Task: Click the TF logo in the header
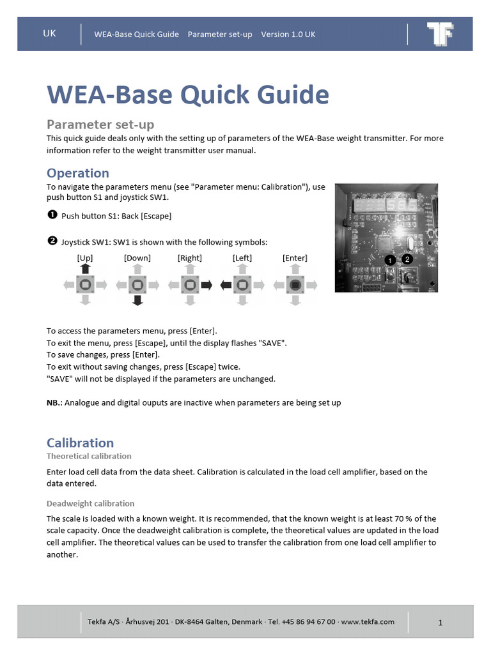[x=440, y=34]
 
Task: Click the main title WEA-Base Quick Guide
[x=188, y=95]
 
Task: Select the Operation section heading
[x=78, y=173]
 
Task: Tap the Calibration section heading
[x=80, y=443]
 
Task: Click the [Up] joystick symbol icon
[x=85, y=284]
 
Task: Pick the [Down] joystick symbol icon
[x=137, y=285]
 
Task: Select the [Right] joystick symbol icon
[x=190, y=285]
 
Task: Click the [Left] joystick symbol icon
[x=242, y=285]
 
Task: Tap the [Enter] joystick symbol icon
[x=295, y=285]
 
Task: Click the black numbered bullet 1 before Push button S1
[x=52, y=215]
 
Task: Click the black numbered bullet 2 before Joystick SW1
[x=52, y=241]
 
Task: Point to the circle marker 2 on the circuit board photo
[x=408, y=258]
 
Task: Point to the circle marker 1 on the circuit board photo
[x=390, y=261]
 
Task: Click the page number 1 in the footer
[x=440, y=623]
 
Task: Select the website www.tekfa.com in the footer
[x=368, y=621]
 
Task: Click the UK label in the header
[x=49, y=34]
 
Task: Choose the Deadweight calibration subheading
[x=90, y=503]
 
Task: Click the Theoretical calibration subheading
[x=89, y=456]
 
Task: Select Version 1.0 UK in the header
[x=288, y=34]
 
